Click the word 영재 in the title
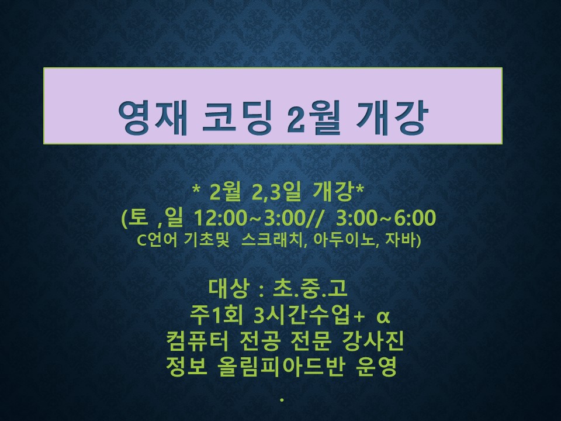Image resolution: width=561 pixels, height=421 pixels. coord(153,118)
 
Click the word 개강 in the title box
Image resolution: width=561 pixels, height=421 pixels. coord(392,118)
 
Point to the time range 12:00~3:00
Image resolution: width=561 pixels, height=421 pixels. coord(249,218)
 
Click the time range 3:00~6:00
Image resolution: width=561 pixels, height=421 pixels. coord(386,218)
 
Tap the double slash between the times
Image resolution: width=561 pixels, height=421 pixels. coord(314,218)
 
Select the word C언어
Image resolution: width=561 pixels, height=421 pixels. coord(157,240)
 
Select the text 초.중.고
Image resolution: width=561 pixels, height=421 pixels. coord(310,288)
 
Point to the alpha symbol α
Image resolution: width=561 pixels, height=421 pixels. coord(383,316)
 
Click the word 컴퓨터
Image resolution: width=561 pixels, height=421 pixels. coord(197,341)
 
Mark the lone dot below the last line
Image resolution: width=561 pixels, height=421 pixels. coord(282,400)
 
